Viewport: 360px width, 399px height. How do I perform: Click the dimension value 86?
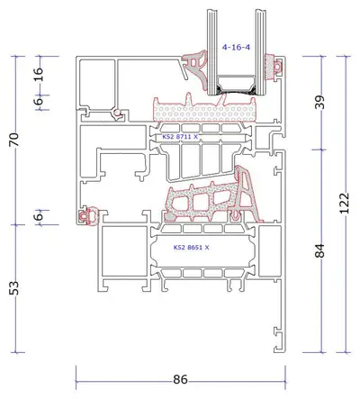point(180,379)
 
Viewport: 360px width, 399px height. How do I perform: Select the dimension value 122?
point(345,204)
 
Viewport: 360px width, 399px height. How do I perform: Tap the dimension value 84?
point(319,250)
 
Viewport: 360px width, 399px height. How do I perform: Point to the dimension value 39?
point(319,103)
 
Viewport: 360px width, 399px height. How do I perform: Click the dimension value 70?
point(14,140)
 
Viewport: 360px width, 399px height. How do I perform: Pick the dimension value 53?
point(14,288)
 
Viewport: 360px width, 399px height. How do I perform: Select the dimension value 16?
point(39,75)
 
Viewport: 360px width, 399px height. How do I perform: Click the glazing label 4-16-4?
point(236,47)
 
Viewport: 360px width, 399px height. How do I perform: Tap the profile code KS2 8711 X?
point(180,137)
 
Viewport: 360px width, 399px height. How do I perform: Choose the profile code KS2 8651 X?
point(192,248)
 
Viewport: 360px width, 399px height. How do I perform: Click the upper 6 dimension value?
point(39,102)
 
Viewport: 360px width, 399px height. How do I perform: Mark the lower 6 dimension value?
point(39,216)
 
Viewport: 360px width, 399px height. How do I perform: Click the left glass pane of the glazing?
point(211,51)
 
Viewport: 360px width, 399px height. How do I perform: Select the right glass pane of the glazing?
point(260,51)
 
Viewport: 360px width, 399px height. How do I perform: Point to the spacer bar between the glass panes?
point(236,84)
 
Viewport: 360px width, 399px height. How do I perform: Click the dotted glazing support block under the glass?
point(205,111)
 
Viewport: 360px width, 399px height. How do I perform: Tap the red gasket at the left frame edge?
point(88,215)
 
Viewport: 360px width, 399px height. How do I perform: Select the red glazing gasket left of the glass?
point(196,70)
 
